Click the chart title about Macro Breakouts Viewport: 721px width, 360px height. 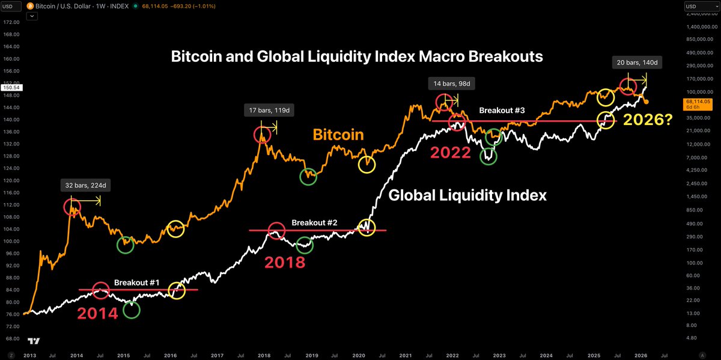357,56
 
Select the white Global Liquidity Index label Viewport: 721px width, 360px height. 467,195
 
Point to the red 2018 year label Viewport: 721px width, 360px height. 285,263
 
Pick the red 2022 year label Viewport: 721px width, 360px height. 450,152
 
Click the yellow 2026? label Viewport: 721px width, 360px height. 648,120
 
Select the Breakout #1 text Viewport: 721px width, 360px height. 136,282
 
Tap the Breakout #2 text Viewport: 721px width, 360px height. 314,222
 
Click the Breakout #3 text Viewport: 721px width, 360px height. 502,111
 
